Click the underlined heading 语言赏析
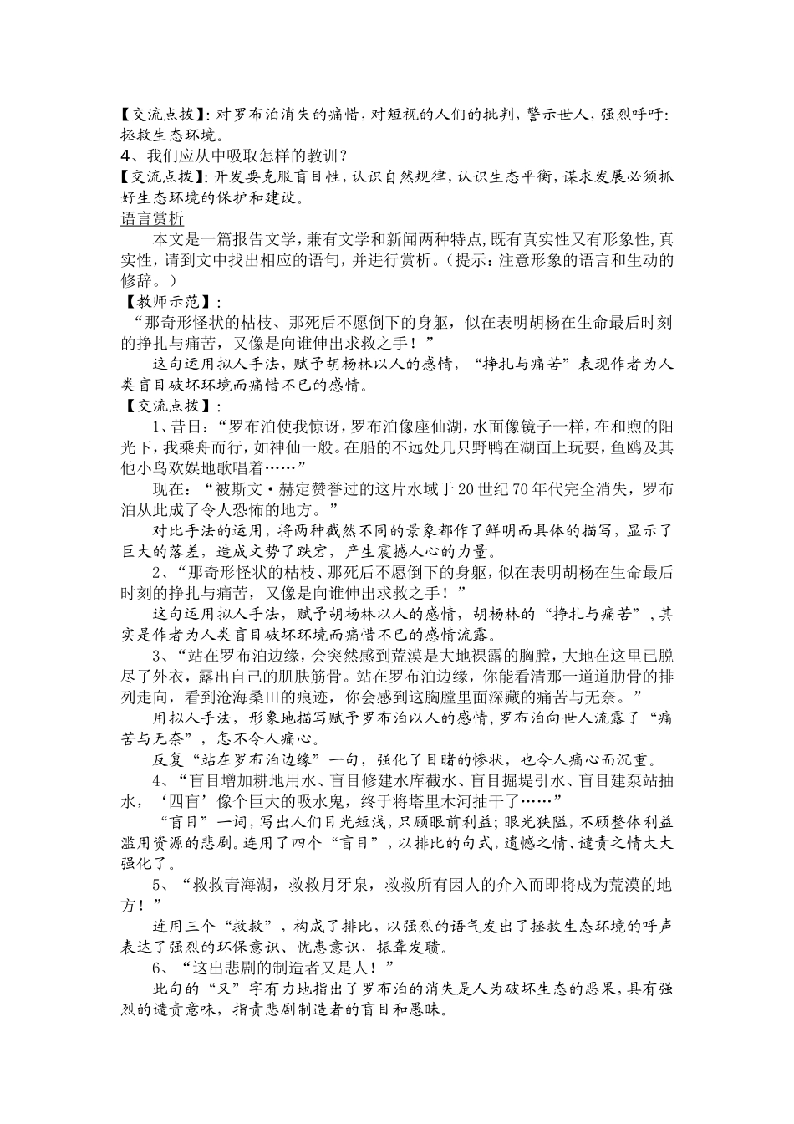coord(151,220)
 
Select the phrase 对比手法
coord(186,530)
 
